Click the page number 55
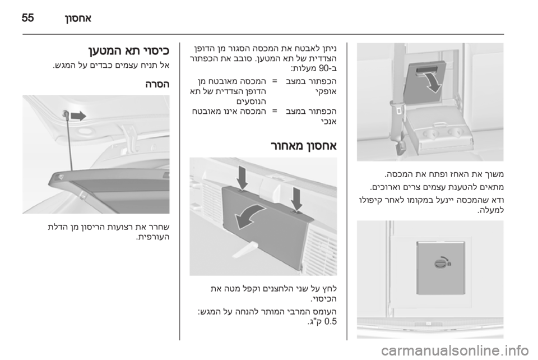pos(28,17)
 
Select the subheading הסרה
pos(157,85)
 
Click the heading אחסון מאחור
pos(304,146)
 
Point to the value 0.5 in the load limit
pos(330,322)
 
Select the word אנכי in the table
pos(328,122)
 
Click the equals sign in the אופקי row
pos(275,82)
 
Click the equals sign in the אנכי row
pos(275,112)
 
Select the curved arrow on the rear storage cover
pos(249,215)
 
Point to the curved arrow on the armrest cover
pos(432,81)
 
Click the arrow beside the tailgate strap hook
pos(78,116)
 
